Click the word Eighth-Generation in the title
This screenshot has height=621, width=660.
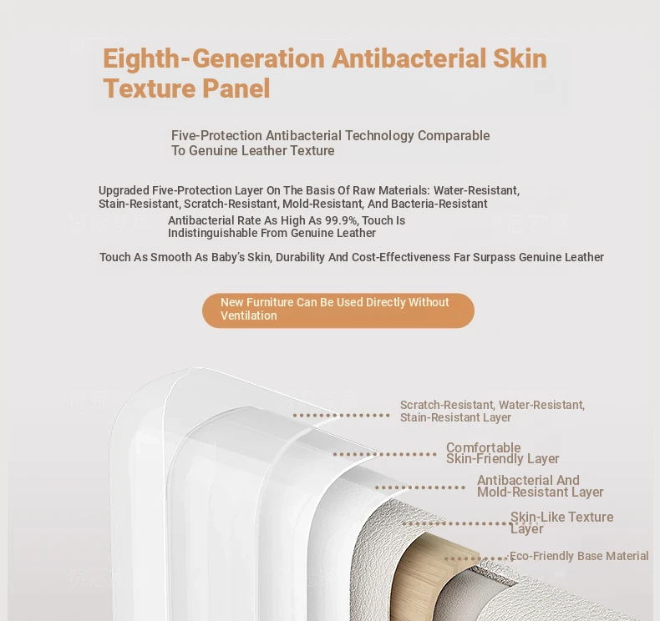[214, 59]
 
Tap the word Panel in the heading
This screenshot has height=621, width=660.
[236, 88]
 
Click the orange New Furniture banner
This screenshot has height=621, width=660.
[338, 310]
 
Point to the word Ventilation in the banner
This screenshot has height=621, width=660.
[249, 316]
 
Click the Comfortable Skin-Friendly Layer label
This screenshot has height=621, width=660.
[503, 453]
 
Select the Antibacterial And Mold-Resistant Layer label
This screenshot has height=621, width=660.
[540, 486]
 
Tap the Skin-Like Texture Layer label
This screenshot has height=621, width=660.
[561, 523]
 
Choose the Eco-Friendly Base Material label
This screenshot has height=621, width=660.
[579, 556]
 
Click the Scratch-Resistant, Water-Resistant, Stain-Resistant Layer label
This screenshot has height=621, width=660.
[492, 411]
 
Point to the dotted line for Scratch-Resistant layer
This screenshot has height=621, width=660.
[342, 416]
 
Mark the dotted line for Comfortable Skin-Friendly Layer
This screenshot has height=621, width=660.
[384, 454]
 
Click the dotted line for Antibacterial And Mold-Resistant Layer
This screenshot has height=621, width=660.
[420, 487]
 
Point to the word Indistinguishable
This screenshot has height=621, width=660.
[228, 233]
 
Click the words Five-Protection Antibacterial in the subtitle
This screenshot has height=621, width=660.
[256, 135]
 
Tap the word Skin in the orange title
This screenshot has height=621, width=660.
[520, 59]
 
